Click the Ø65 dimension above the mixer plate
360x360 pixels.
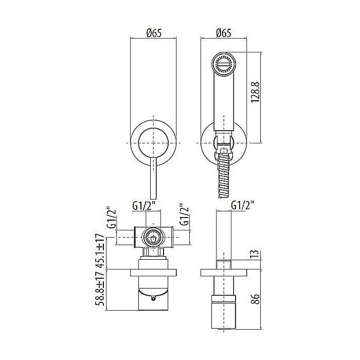coord(154,33)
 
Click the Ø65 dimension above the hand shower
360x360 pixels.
coord(224,33)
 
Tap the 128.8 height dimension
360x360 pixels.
coord(255,93)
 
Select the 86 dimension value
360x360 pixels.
coord(256,298)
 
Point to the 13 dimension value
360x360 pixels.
coord(256,253)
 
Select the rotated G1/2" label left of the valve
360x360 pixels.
coord(112,219)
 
